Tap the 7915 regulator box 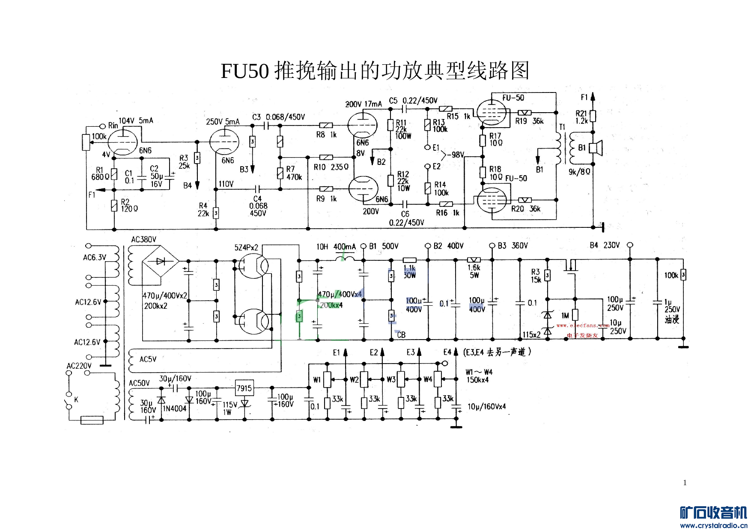coord(244,388)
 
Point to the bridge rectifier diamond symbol coord(161,261)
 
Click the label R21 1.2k coord(581,117)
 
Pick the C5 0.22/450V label coord(413,101)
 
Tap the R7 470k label coord(294,173)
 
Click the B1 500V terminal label coord(384,246)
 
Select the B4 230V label coord(605,245)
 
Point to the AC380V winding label coord(144,239)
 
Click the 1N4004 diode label coord(175,409)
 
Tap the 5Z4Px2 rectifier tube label coord(246,248)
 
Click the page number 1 coord(685,483)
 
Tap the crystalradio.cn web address coord(714,525)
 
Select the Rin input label coord(113,125)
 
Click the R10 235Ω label coord(331,167)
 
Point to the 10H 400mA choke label coord(336,247)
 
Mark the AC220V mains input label coord(79,366)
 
